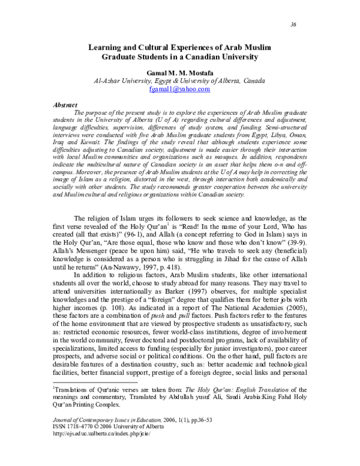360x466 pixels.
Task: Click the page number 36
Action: point(293,24)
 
